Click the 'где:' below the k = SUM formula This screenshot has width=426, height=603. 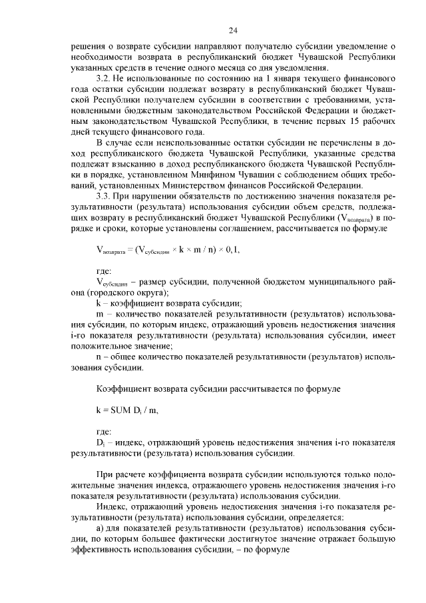point(105,431)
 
